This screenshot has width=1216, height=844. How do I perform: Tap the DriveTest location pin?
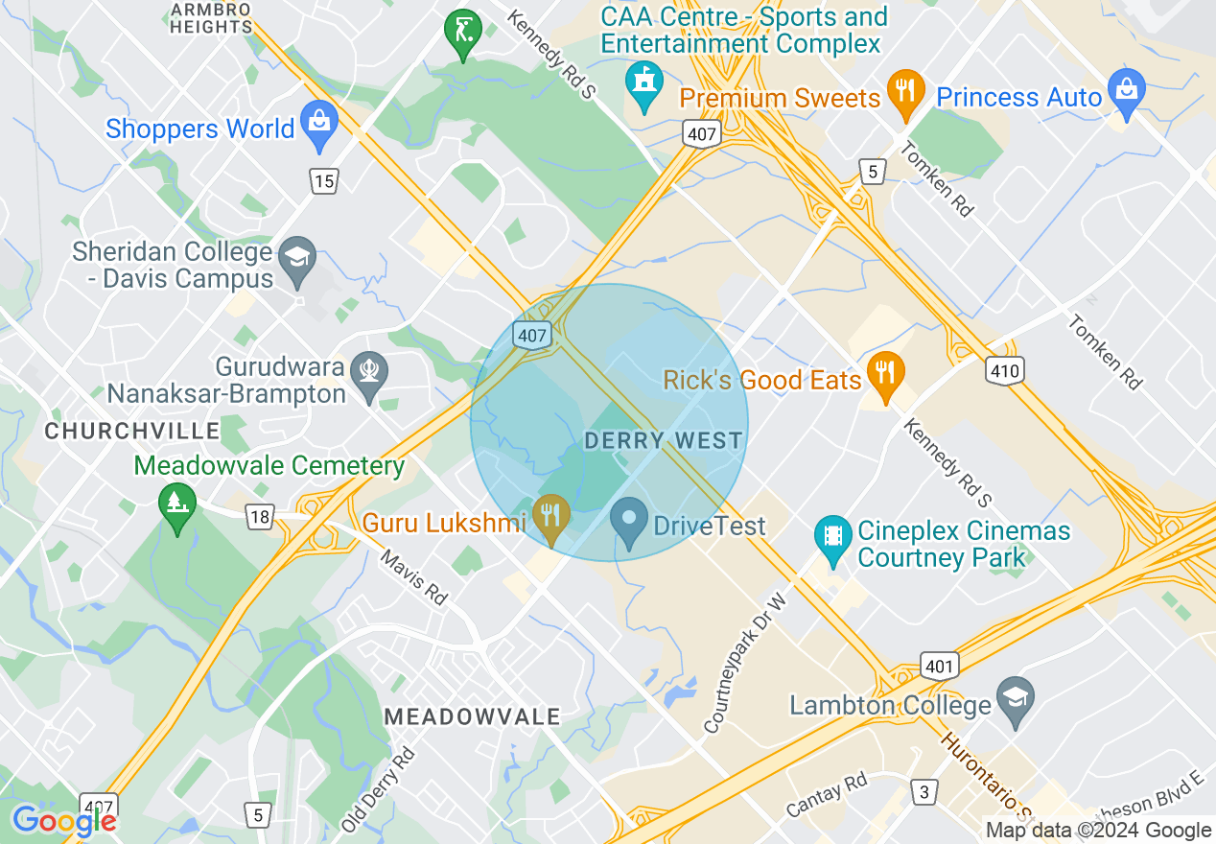[629, 523]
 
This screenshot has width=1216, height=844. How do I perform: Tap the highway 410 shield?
[1004, 370]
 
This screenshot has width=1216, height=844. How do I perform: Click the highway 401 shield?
[937, 666]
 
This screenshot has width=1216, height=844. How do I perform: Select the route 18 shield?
[259, 518]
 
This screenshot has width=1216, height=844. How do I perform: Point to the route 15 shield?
[324, 179]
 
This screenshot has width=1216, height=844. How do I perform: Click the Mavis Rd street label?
[413, 576]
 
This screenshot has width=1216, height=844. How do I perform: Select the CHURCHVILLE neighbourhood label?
[132, 432]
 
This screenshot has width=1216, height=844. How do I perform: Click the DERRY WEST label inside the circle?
[664, 441]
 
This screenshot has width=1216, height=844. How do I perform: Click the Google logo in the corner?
[63, 821]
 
